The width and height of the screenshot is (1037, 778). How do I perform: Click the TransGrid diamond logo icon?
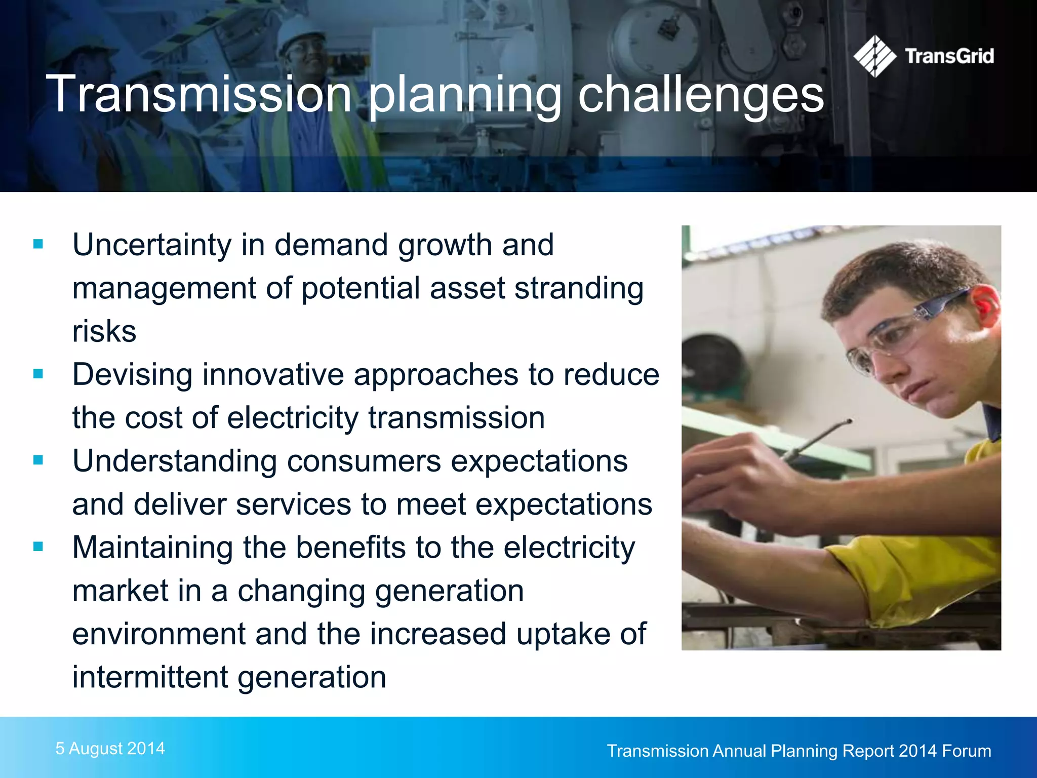pyautogui.click(x=874, y=56)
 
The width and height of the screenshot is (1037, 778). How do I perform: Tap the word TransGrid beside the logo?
pyautogui.click(x=949, y=56)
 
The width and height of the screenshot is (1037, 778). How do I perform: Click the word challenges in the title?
pyautogui.click(x=701, y=95)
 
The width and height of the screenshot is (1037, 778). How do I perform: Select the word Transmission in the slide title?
pyautogui.click(x=199, y=94)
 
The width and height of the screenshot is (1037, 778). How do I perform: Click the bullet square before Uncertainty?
pyautogui.click(x=38, y=245)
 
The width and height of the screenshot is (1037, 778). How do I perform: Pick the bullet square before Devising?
pyautogui.click(x=38, y=374)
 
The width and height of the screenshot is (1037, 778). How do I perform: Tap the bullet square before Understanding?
pyautogui.click(x=38, y=460)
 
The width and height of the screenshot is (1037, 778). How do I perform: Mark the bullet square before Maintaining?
pyautogui.click(x=38, y=547)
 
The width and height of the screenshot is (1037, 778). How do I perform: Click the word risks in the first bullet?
pyautogui.click(x=104, y=332)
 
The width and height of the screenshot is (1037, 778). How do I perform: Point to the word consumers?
pyautogui.click(x=364, y=461)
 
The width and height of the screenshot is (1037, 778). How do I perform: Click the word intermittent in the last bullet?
pyautogui.click(x=150, y=677)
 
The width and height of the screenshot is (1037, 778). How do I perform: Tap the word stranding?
pyautogui.click(x=579, y=289)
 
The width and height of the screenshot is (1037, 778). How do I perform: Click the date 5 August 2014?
pyautogui.click(x=110, y=748)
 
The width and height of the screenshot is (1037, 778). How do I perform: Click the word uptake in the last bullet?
pyautogui.click(x=563, y=634)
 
